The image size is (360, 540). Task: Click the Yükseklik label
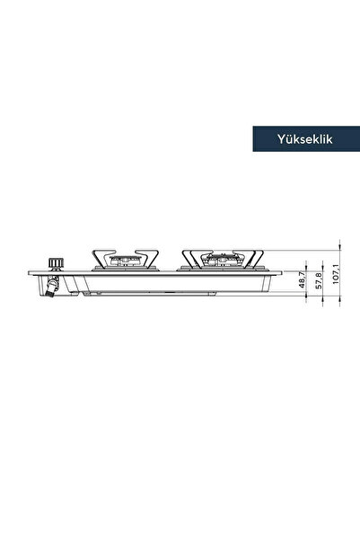click(x=305, y=139)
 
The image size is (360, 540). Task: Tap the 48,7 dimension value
click(x=302, y=279)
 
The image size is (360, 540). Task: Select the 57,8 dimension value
click(x=319, y=280)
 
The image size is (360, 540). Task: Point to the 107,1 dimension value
click(x=336, y=274)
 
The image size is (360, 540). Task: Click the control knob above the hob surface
click(x=56, y=263)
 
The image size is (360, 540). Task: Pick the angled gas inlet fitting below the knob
click(x=52, y=287)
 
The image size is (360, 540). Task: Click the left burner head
click(x=125, y=261)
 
